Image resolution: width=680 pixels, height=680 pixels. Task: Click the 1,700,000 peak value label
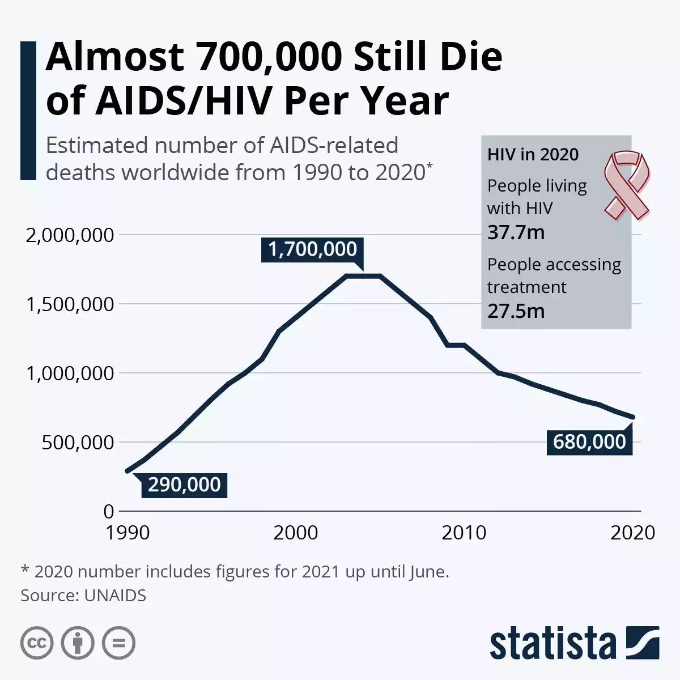click(312, 249)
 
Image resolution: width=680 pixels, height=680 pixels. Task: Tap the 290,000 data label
click(184, 485)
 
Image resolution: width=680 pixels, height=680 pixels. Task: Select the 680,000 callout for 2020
click(589, 442)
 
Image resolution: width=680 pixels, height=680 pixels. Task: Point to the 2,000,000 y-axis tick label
click(70, 235)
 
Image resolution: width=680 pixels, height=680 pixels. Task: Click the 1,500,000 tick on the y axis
click(70, 305)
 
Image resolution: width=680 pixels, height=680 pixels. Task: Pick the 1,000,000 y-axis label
click(70, 374)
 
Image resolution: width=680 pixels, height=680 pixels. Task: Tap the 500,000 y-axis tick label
click(78, 443)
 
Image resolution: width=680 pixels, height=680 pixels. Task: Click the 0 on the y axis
click(109, 512)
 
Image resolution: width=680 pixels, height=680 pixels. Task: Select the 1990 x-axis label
click(127, 533)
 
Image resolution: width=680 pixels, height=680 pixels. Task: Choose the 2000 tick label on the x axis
click(296, 533)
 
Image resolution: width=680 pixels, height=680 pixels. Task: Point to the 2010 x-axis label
click(464, 533)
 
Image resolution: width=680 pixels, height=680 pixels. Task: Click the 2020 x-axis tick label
click(632, 533)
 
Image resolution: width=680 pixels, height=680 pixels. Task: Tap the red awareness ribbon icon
click(626, 184)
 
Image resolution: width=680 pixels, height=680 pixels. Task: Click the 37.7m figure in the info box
click(516, 232)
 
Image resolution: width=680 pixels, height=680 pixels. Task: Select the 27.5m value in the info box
click(516, 311)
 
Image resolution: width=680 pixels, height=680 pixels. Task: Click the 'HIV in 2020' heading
click(533, 155)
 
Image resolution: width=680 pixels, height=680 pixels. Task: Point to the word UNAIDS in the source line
click(115, 596)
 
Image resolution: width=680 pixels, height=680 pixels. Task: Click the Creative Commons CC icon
click(37, 643)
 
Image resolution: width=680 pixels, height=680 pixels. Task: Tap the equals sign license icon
click(118, 643)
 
